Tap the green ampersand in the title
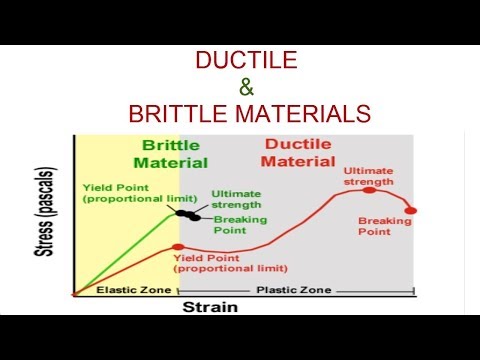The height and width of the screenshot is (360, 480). pos(243,88)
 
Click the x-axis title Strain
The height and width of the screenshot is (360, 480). pos(210,307)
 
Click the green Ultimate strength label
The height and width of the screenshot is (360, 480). pos(237,199)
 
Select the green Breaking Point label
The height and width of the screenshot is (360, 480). pos(236,224)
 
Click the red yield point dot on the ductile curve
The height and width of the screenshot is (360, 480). pos(178,247)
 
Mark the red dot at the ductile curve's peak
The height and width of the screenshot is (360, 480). pos(369,190)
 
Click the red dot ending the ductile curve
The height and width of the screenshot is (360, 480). pos(410,210)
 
